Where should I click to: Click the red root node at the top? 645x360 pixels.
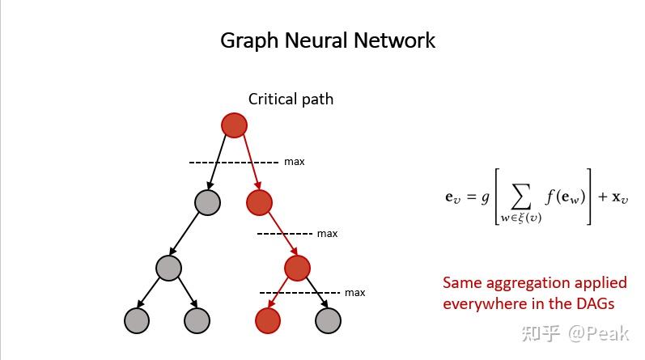[x=234, y=125]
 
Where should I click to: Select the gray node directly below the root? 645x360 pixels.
[x=208, y=202]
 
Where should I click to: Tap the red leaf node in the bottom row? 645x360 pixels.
[x=268, y=321]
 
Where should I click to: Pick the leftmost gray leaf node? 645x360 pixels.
[x=138, y=321]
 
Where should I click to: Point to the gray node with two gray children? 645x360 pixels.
[x=168, y=268]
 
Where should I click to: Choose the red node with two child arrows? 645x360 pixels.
[x=298, y=268]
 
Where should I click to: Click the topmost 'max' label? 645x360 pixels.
[x=295, y=162]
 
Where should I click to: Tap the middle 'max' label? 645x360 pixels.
[x=327, y=234]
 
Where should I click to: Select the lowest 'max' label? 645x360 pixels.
[x=354, y=292]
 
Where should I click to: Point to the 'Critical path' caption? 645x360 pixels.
[x=291, y=100]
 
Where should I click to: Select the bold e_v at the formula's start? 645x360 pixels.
[x=452, y=197]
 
